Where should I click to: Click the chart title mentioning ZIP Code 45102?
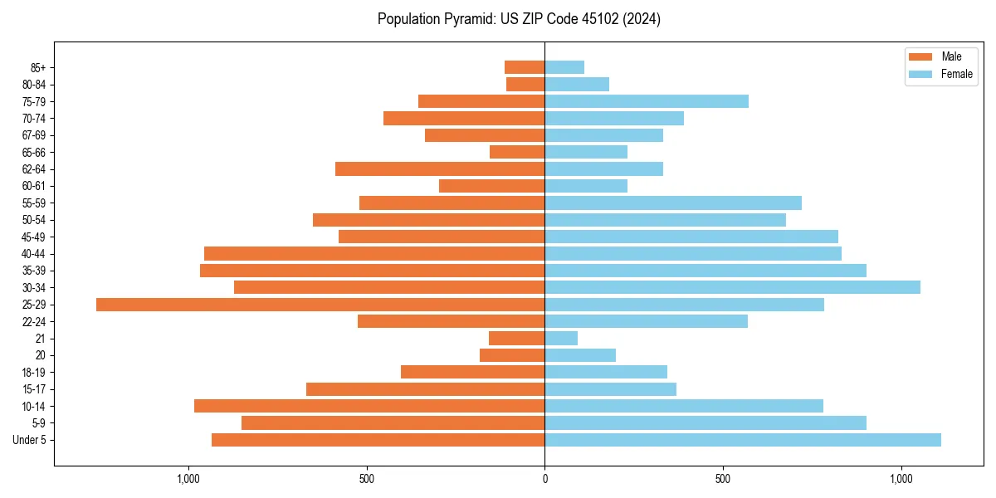[x=519, y=19]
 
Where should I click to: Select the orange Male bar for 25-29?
[x=320, y=305]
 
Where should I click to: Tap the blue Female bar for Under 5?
[x=743, y=440]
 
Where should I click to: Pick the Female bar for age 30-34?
[x=732, y=287]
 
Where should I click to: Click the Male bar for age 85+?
[x=525, y=67]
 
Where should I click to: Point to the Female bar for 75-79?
[x=647, y=101]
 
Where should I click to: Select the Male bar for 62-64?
[x=440, y=169]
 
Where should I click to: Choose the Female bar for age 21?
[x=561, y=339]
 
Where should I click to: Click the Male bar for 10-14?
[x=369, y=406]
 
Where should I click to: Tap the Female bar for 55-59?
[x=673, y=203]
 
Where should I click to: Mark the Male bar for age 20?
[x=512, y=355]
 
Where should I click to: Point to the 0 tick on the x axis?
[x=544, y=479]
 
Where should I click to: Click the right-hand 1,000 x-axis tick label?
[x=901, y=479]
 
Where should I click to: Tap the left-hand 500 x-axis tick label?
[x=367, y=479]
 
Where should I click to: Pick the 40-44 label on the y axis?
[x=33, y=254]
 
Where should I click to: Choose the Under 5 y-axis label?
[x=29, y=440]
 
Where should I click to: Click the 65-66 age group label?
[x=33, y=152]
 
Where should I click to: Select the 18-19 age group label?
[x=33, y=373]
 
